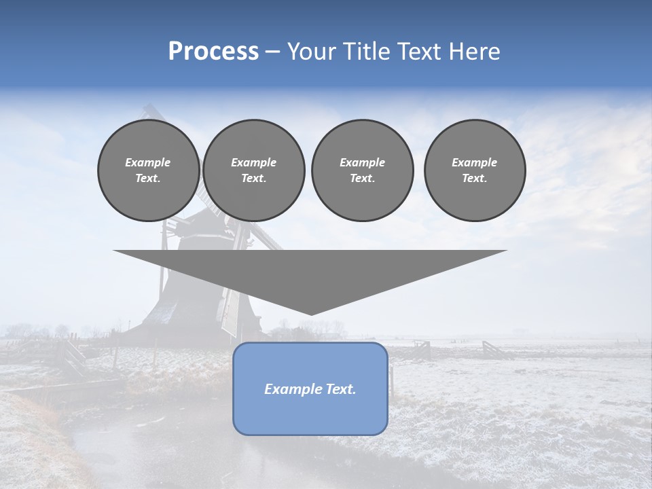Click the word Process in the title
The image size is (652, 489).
[x=213, y=52]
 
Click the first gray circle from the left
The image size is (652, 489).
[x=148, y=170]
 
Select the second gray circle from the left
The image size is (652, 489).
[x=253, y=170]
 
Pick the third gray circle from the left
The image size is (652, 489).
[x=362, y=170]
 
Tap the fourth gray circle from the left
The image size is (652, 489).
[x=474, y=170]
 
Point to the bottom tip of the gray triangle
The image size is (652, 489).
[x=310, y=314]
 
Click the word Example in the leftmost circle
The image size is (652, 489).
[x=148, y=162]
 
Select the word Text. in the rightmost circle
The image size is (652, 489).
[x=474, y=178]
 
